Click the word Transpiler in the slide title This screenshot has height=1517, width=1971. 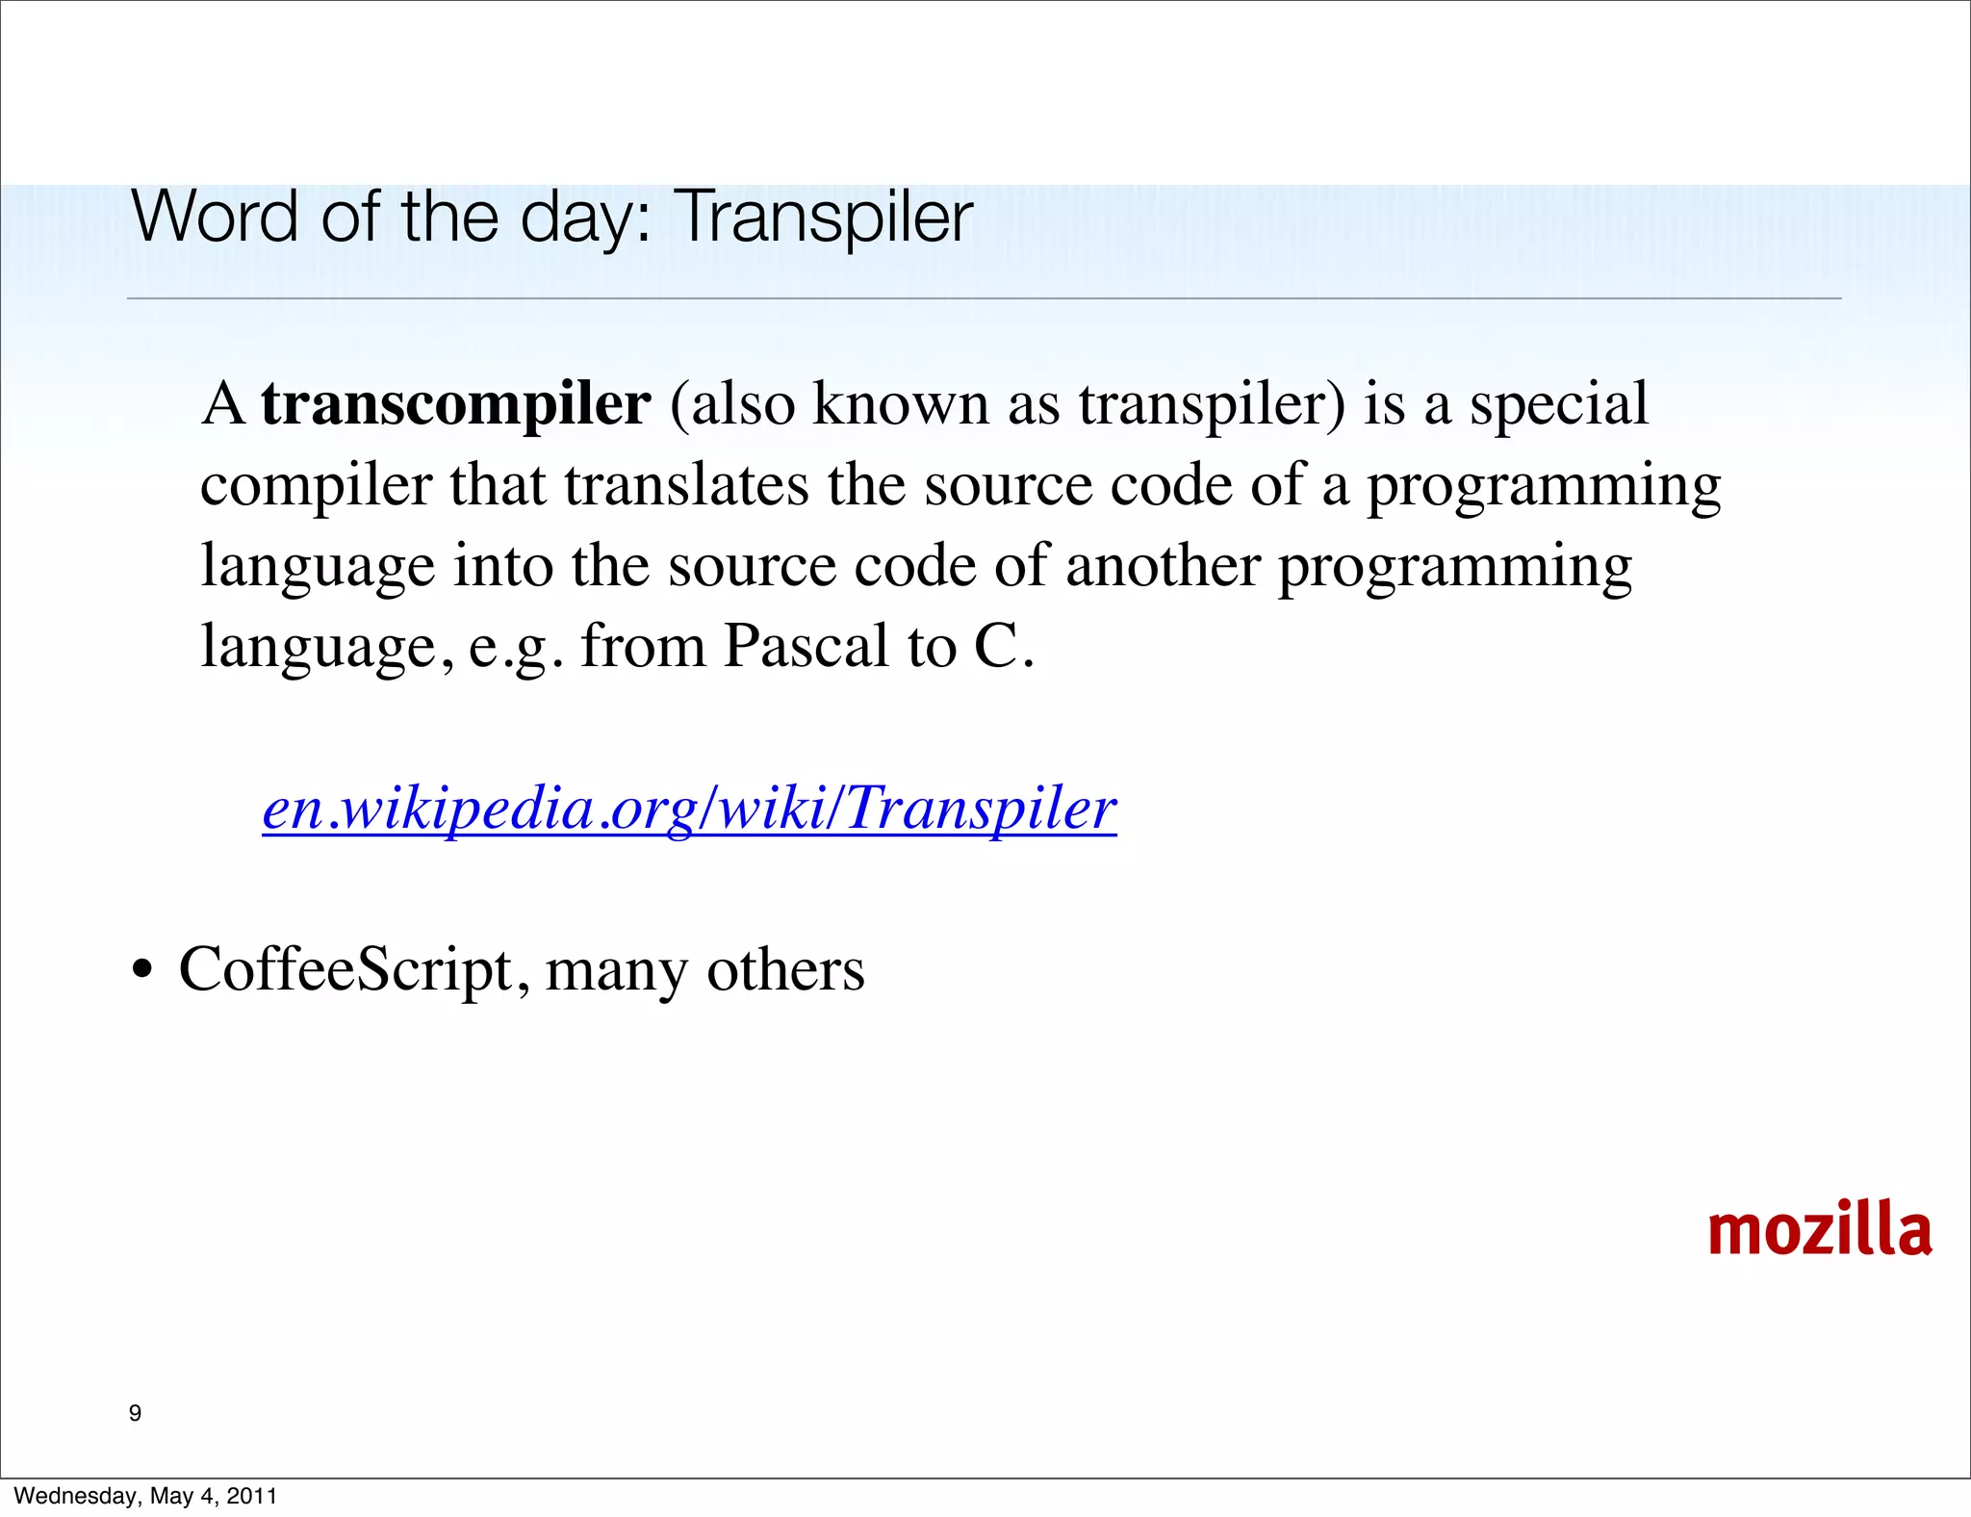826,218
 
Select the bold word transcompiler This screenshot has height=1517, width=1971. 455,403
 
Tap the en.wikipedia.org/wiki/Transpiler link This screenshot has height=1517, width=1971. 689,808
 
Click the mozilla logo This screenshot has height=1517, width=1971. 1819,1230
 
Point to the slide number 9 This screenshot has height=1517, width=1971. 135,1413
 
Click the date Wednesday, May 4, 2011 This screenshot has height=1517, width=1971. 145,1496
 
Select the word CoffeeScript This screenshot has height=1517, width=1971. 346,969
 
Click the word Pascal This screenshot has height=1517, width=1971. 806,646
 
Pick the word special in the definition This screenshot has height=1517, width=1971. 1558,403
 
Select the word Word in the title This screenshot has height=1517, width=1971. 215,218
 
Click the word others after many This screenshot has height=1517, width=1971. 785,969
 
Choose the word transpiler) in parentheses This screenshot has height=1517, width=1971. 1212,405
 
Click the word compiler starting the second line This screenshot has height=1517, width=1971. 316,486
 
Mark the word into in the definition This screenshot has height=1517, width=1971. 503,565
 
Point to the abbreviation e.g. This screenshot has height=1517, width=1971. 516,648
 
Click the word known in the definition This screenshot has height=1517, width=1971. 901,403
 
